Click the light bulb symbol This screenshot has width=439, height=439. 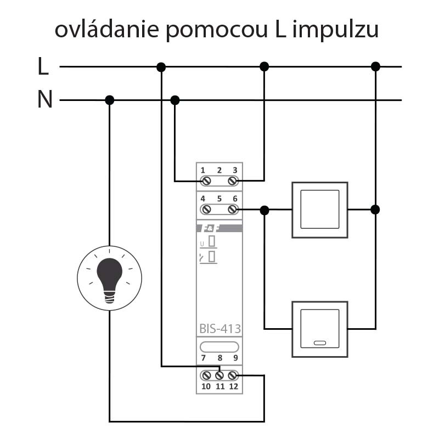tap(109, 278)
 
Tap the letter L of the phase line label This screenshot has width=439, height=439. tap(43, 67)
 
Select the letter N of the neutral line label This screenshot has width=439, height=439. tap(45, 100)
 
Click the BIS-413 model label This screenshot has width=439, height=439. tap(219, 329)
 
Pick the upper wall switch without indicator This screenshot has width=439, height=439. tap(320, 210)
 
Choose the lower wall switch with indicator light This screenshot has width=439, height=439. tap(320, 329)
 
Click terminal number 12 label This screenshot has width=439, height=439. tap(234, 386)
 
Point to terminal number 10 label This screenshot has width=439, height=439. tap(206, 386)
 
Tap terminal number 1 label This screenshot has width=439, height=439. tap(203, 170)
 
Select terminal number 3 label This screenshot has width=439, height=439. tap(235, 170)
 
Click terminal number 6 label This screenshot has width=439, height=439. tap(235, 199)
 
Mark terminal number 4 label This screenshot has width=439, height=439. tap(203, 199)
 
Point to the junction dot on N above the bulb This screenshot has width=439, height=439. tap(109, 100)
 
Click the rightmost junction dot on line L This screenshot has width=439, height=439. tap(375, 66)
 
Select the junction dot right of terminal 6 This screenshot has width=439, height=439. tap(264, 210)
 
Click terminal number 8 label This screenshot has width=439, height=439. tap(219, 358)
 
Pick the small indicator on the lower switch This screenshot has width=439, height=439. tap(319, 344)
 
